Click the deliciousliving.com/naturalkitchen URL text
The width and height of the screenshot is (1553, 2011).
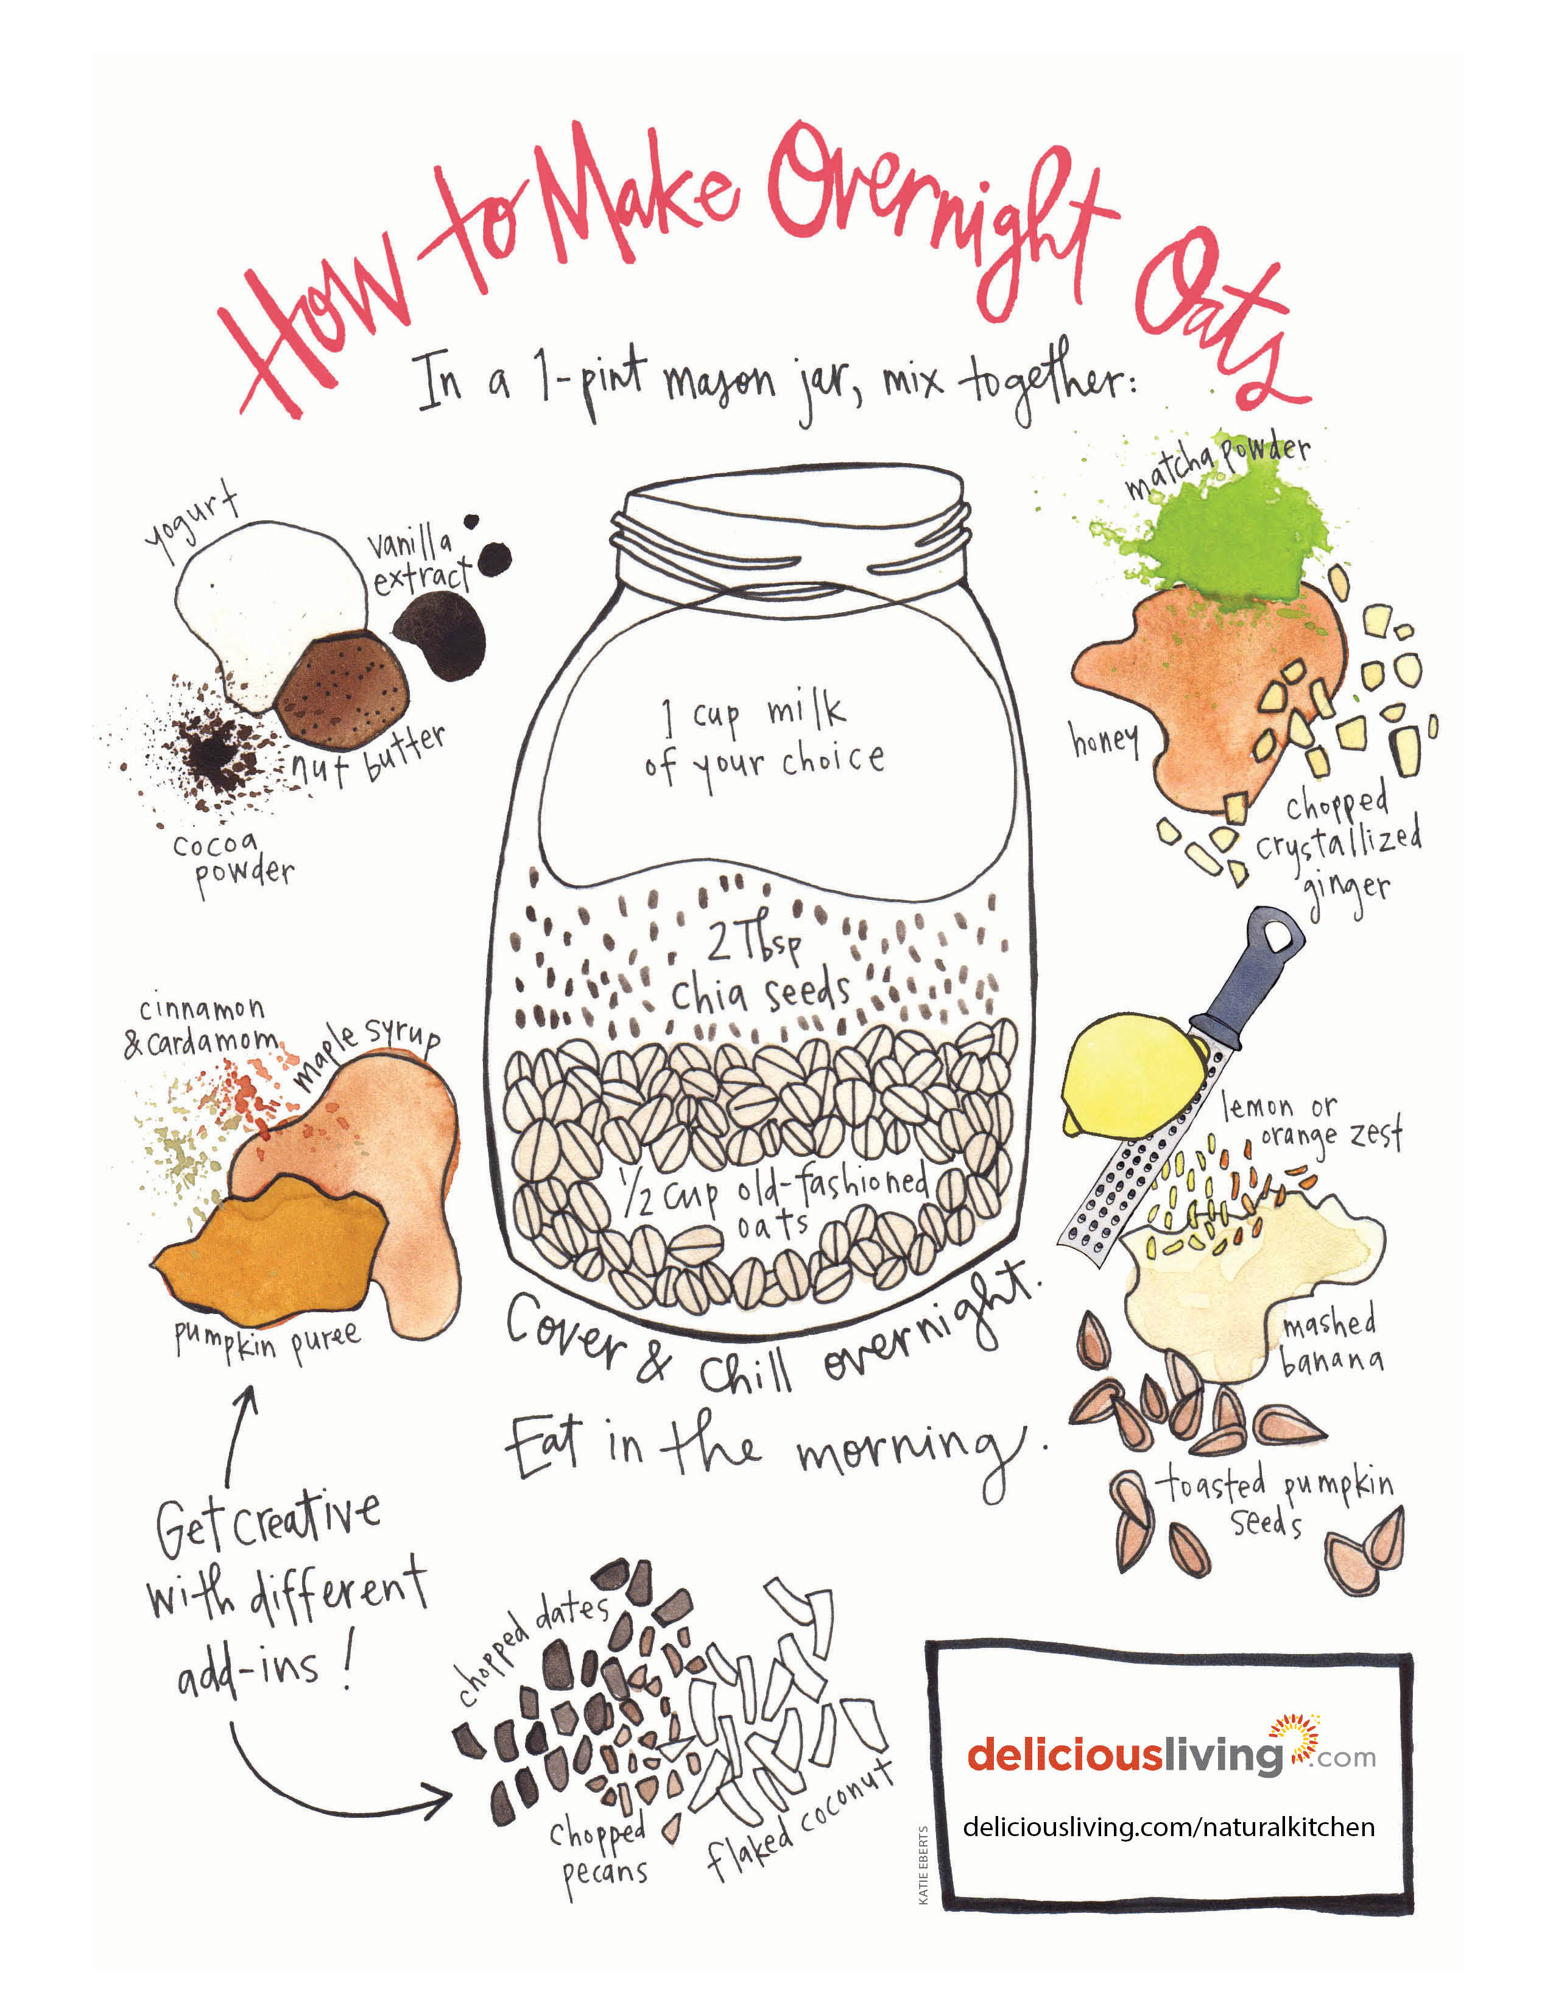point(1169,1827)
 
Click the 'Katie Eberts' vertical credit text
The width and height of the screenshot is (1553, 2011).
point(923,1865)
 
